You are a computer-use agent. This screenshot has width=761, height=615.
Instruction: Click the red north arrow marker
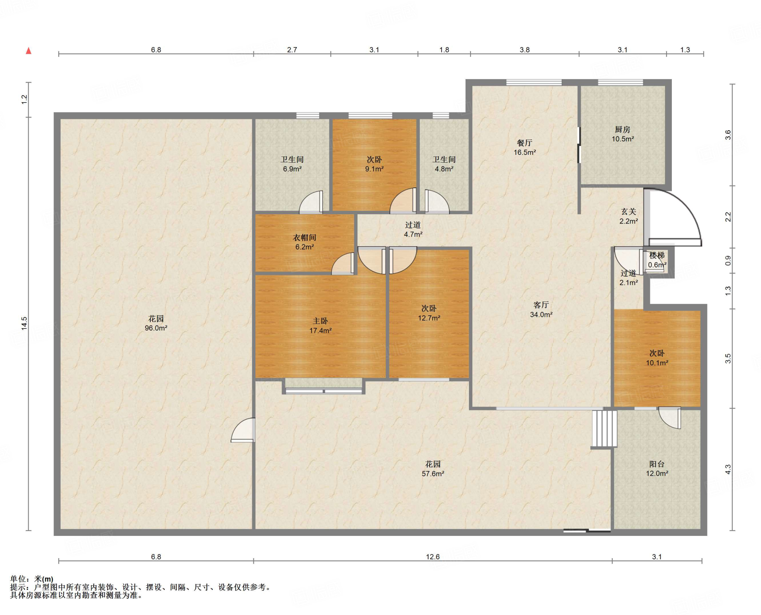coord(29,51)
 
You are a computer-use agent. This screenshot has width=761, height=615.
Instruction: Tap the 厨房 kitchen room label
coord(622,134)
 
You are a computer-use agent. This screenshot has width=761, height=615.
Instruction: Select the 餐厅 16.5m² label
coord(525,147)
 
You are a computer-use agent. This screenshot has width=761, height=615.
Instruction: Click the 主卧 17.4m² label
coord(320,326)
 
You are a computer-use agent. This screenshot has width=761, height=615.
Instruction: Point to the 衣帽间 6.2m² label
coord(305,242)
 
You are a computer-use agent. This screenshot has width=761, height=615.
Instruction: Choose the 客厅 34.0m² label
coord(541,310)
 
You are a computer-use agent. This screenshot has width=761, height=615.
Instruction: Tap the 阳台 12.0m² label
coord(657,469)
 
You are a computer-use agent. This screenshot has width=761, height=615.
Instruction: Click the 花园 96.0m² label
coord(156,323)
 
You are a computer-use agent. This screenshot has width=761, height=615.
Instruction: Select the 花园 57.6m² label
coord(433,469)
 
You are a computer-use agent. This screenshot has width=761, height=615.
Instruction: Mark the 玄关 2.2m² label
coord(629,216)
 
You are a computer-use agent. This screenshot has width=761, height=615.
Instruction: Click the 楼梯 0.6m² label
coord(657,260)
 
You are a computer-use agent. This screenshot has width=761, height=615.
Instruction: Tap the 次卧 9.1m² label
coord(374,164)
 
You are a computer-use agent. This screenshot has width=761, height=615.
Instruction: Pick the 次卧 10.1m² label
coord(657,358)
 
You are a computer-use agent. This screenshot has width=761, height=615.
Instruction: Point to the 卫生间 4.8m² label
coord(444,164)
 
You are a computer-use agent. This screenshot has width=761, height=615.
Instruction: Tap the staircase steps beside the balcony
coord(604,429)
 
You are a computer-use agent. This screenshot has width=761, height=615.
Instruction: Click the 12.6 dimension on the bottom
coord(433,557)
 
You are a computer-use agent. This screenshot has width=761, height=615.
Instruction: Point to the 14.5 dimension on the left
coord(24,323)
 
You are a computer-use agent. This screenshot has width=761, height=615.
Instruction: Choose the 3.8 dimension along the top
coord(525,50)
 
